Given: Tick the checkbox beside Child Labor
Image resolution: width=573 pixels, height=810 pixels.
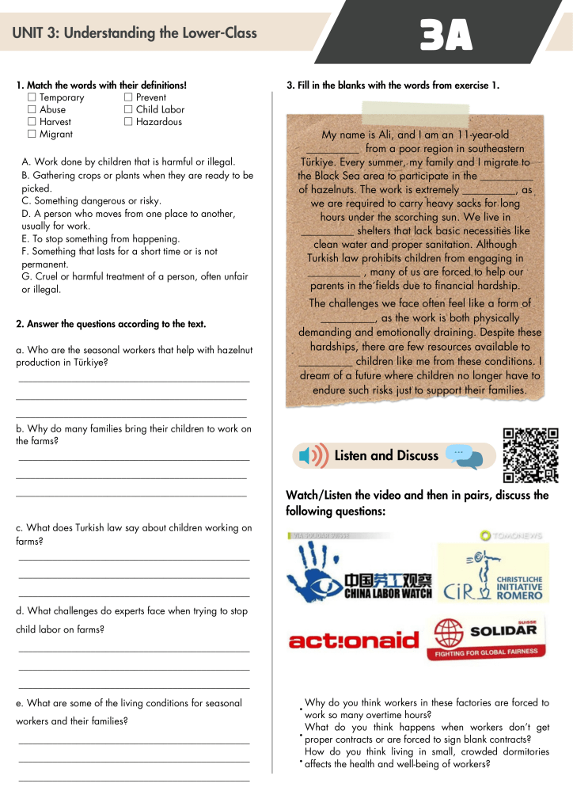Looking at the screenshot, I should (x=128, y=110).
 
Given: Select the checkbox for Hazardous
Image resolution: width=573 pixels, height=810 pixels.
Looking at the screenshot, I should (x=128, y=122).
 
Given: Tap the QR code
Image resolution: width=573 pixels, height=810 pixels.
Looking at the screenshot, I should (x=530, y=454).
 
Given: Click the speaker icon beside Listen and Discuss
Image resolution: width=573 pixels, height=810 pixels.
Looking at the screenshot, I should (x=313, y=456).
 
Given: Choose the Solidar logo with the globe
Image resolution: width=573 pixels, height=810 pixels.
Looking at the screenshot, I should (x=488, y=637).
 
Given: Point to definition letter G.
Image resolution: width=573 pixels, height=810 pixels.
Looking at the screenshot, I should (x=25, y=276).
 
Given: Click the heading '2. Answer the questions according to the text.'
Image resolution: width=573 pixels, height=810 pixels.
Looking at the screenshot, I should (x=111, y=324).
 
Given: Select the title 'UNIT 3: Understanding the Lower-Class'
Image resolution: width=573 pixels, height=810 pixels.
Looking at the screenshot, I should (x=135, y=33).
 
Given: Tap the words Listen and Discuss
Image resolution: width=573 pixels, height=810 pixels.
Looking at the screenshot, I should (x=386, y=455).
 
